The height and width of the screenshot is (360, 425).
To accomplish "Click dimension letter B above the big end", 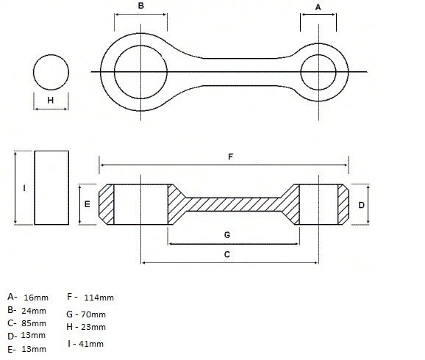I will (141, 6).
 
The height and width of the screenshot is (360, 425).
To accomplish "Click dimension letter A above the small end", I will (318, 7).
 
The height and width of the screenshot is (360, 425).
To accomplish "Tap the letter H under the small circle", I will (51, 101).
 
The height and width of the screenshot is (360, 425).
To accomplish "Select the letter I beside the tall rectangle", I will (24, 188).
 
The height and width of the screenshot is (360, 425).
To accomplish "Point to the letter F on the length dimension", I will (230, 157).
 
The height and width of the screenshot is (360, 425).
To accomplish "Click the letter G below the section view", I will (227, 235).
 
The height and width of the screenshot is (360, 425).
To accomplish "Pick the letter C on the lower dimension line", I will (227, 254).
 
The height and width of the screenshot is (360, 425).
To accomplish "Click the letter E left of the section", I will (87, 204).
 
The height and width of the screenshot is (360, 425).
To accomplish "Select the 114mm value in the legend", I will (101, 298).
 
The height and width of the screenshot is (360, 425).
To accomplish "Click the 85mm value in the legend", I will (33, 323).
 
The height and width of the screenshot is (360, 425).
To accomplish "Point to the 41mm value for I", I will (91, 344).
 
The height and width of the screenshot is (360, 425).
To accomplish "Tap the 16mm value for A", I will (35, 298).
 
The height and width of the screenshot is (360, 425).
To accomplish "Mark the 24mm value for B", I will (33, 311).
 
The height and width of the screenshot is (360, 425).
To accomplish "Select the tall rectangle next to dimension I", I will (51, 187).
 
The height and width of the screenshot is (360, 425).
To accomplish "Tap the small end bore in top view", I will (318, 71).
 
